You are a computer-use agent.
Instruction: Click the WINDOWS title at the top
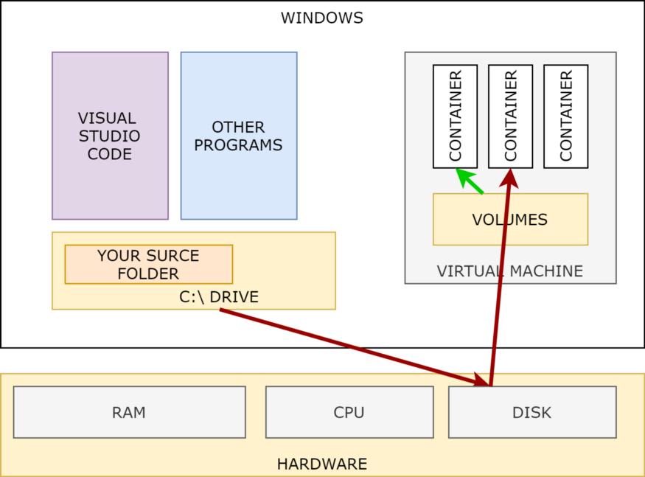point(321,18)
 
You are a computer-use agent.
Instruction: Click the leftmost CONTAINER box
point(455,116)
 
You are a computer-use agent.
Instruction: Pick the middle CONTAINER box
point(510,116)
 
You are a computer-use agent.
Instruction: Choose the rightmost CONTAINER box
point(565,116)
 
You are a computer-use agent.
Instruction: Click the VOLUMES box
point(510,219)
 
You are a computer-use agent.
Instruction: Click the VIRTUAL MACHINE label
point(509,271)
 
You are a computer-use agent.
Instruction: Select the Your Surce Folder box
point(148,264)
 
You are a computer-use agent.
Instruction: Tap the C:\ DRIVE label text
point(219,297)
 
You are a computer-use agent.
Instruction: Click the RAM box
point(129,412)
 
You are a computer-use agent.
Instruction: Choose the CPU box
point(349,412)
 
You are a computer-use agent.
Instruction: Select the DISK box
point(531,412)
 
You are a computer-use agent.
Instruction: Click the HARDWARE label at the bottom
point(321,464)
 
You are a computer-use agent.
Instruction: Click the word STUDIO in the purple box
point(110,136)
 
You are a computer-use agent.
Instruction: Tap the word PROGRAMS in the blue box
point(238,145)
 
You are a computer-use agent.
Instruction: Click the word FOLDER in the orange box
point(148,274)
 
